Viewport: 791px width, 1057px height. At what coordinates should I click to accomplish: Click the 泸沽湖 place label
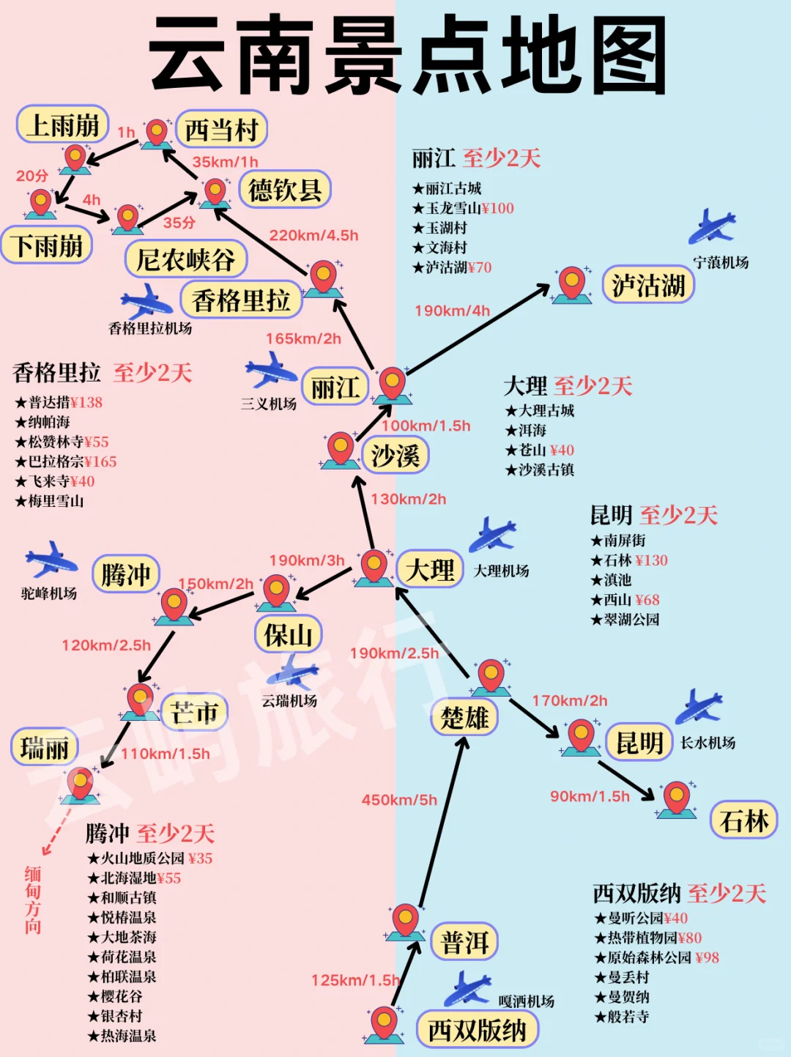648,285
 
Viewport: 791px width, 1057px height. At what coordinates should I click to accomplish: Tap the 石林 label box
743,820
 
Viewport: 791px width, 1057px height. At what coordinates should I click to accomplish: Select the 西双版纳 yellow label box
477,1030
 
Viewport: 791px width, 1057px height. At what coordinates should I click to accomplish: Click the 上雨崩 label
63,125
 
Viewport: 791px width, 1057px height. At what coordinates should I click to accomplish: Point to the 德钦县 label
285,190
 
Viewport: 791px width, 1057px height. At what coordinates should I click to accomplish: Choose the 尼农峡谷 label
185,259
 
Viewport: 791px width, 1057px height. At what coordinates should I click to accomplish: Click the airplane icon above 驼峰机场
50,560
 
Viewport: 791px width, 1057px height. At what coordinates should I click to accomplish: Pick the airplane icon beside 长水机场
698,707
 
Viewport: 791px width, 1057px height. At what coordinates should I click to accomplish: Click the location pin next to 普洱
405,921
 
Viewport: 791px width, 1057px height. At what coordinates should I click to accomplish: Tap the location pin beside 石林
676,798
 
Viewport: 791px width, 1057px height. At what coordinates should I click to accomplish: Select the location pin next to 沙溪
340,449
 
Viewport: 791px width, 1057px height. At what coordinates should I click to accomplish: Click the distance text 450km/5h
399,800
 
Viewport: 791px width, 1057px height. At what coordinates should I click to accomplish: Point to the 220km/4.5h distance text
313,235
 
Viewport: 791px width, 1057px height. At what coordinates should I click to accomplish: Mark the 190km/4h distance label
452,311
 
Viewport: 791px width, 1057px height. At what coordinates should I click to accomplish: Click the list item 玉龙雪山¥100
463,208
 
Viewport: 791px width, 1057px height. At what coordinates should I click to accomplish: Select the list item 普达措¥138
59,402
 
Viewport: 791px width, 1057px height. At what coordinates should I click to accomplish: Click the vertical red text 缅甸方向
33,900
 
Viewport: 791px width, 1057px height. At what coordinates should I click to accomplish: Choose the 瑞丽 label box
45,748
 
